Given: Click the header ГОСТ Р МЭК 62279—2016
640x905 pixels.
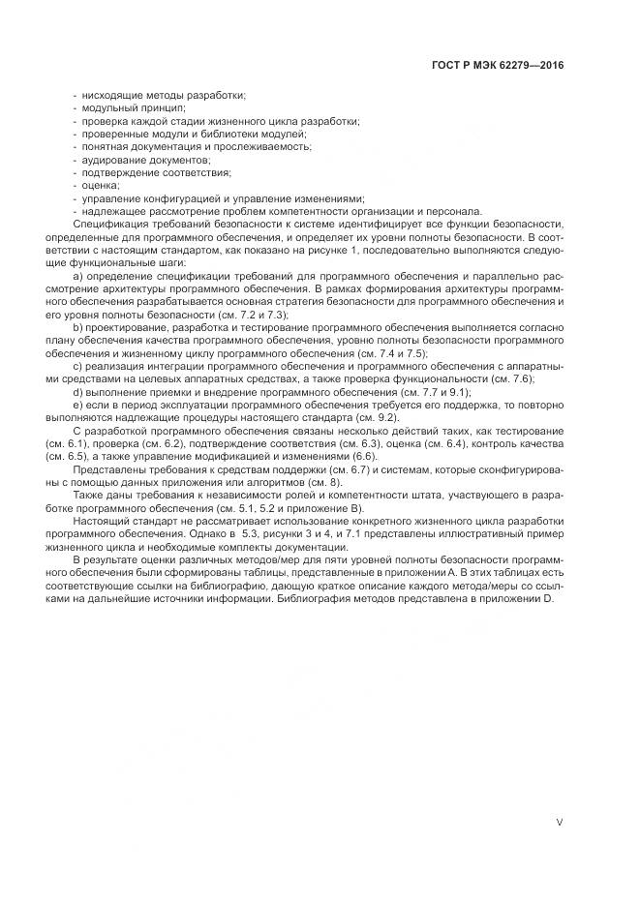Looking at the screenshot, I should coord(497,66).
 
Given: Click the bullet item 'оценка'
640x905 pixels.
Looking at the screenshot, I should coord(102,184).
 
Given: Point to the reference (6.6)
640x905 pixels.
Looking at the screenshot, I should coord(365,456).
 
